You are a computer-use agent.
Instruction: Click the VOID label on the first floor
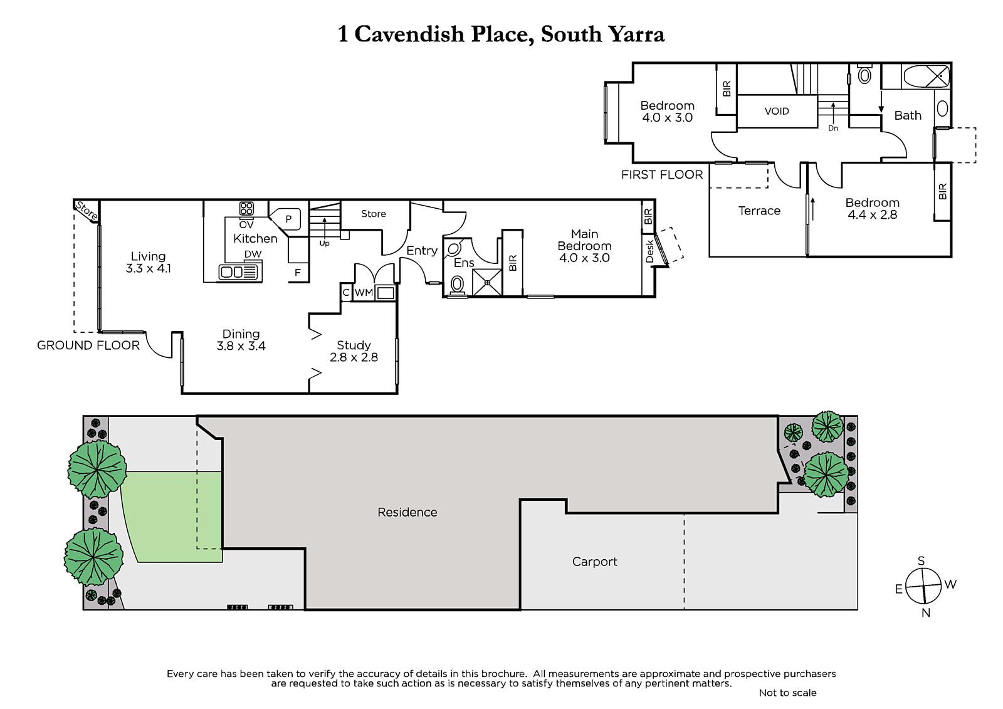[x=777, y=111]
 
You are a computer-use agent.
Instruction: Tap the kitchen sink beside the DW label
[x=238, y=272]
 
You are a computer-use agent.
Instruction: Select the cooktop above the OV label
[x=246, y=208]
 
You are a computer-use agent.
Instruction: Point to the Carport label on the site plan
[x=595, y=562]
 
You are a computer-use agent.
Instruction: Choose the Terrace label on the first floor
[x=759, y=211]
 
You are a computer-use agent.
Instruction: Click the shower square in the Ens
[x=486, y=282]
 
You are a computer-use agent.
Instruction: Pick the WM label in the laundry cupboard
[x=364, y=293]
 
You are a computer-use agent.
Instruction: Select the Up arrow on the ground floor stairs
[x=324, y=228]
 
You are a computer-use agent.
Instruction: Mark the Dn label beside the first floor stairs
[x=833, y=128]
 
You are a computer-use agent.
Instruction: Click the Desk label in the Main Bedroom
[x=649, y=251]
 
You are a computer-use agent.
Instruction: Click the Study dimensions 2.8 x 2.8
[x=354, y=357]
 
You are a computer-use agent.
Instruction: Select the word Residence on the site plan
[x=407, y=512]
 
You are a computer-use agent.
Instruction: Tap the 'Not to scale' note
[x=787, y=693]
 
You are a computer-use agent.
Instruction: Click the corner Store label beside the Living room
[x=87, y=211]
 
